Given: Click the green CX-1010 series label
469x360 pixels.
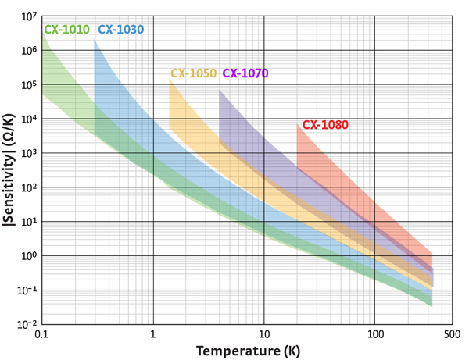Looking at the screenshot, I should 66,30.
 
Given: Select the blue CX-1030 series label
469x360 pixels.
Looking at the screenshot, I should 120,30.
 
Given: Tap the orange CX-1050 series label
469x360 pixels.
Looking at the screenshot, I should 193,73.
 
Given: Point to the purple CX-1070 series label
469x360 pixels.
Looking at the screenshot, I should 245,73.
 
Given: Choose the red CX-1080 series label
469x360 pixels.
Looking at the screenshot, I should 325,124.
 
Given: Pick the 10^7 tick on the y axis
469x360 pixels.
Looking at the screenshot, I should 29,16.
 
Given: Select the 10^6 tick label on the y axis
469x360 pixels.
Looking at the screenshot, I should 29,50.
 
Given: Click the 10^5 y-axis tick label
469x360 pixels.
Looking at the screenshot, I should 29,84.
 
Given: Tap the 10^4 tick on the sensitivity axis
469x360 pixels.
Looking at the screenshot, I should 29,119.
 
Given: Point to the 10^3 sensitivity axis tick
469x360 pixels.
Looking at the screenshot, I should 29,153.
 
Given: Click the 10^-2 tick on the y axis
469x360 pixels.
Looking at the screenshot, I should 27,323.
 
